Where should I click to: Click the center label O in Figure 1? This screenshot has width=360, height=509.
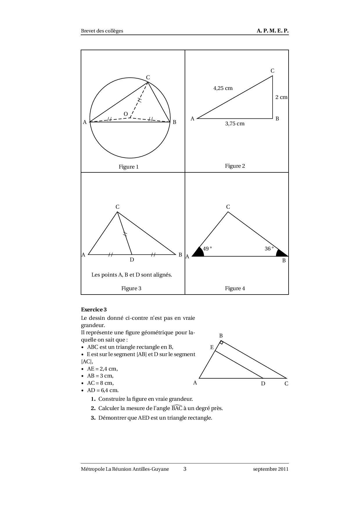(x=126, y=114)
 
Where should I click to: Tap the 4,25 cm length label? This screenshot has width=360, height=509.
(x=223, y=88)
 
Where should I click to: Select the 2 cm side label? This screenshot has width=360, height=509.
(x=281, y=97)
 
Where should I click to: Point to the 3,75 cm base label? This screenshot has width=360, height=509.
(x=235, y=124)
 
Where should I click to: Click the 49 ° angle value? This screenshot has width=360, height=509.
(x=207, y=249)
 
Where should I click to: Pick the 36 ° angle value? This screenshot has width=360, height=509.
(x=269, y=249)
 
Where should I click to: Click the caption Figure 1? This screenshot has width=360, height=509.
(x=129, y=167)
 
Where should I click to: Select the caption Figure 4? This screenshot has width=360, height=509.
(x=235, y=288)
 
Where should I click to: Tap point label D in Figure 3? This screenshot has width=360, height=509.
(x=132, y=260)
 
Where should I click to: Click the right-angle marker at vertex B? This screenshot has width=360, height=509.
(x=222, y=343)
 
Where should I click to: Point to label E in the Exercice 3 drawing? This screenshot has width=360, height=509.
(x=212, y=347)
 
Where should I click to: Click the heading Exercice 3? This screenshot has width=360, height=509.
(x=94, y=310)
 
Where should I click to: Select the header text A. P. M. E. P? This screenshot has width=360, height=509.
(x=273, y=31)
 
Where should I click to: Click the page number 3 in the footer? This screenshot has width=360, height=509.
(x=185, y=469)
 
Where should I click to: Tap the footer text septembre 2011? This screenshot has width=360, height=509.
(x=271, y=469)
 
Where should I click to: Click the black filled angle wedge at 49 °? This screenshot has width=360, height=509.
(x=199, y=253)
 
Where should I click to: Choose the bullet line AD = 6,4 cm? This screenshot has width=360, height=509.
(x=103, y=390)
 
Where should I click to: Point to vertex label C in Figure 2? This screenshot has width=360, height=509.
(x=272, y=71)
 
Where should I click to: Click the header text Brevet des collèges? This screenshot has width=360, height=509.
(x=102, y=31)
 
